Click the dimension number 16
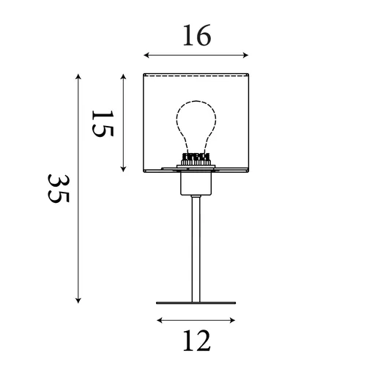coord(197,35)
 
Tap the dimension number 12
coord(197,341)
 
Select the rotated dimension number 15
coord(103,124)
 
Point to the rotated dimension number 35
coord(59,188)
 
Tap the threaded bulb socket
coord(196,159)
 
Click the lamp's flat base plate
coord(196,303)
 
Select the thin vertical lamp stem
coord(196,249)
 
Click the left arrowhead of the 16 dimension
coord(146,55)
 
